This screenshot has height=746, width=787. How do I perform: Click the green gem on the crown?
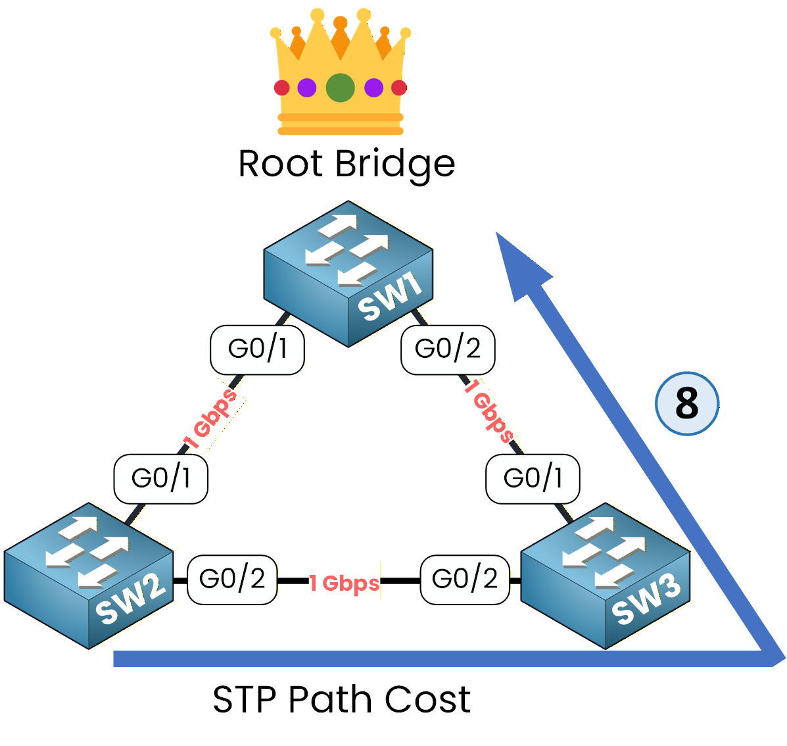(x=340, y=87)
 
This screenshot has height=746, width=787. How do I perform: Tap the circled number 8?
(x=687, y=403)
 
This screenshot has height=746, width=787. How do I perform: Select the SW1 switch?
(x=348, y=273)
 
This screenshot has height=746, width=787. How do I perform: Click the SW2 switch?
(x=89, y=576)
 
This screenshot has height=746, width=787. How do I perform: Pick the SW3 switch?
(x=605, y=576)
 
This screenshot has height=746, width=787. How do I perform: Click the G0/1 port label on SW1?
(x=257, y=349)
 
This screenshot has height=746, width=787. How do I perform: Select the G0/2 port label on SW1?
(x=448, y=349)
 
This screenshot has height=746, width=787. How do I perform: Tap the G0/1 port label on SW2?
(x=161, y=479)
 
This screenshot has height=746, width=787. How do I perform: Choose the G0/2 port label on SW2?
(x=232, y=580)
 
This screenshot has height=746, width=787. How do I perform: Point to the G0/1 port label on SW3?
(x=533, y=479)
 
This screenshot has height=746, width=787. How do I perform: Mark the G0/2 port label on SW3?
(x=465, y=580)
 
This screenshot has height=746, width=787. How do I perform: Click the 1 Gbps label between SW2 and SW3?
(x=345, y=583)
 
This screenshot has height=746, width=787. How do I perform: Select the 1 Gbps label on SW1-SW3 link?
(x=489, y=410)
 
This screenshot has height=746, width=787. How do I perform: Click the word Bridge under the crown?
(x=395, y=165)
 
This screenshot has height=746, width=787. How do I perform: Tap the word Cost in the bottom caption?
(x=427, y=699)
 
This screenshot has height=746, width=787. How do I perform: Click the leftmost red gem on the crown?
(x=281, y=87)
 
